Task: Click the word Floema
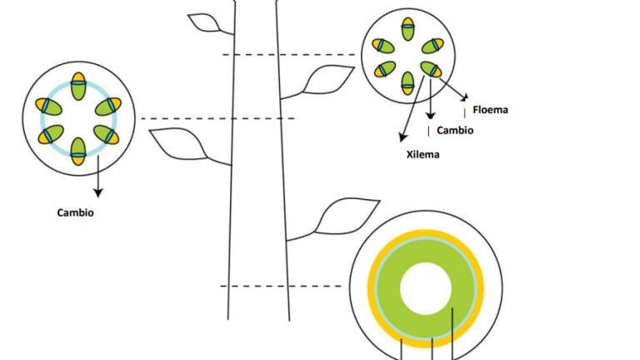490,110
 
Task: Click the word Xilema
422,155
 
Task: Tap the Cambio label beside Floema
455,131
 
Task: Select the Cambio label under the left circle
76,212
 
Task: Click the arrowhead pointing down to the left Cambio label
98,192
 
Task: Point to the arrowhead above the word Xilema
402,137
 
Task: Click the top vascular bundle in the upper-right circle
407,29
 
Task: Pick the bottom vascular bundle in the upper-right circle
407,83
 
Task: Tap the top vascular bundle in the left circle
78,86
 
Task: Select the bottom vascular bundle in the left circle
78,152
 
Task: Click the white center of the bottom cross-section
426,288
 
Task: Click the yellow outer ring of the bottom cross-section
426,233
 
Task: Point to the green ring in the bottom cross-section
426,251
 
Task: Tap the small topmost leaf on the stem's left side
204,22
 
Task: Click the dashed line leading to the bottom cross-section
281,286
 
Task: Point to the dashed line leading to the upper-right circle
289,54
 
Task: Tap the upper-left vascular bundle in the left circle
48,107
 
